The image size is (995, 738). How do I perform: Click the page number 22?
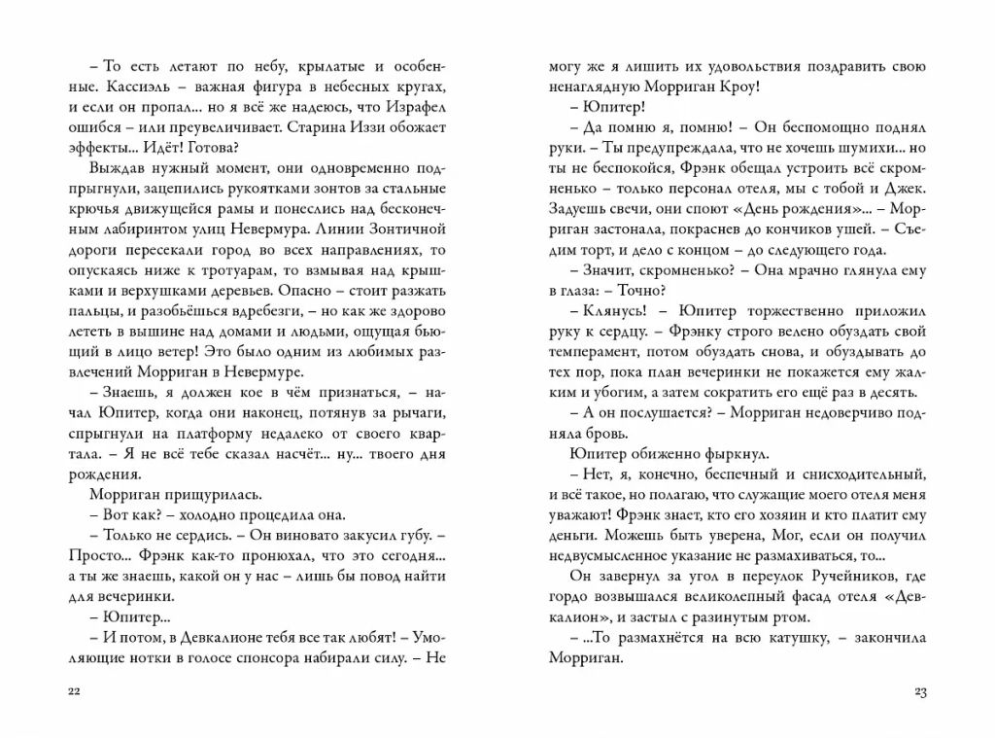[x=75, y=691]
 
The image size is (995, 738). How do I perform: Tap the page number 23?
[x=922, y=691]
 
